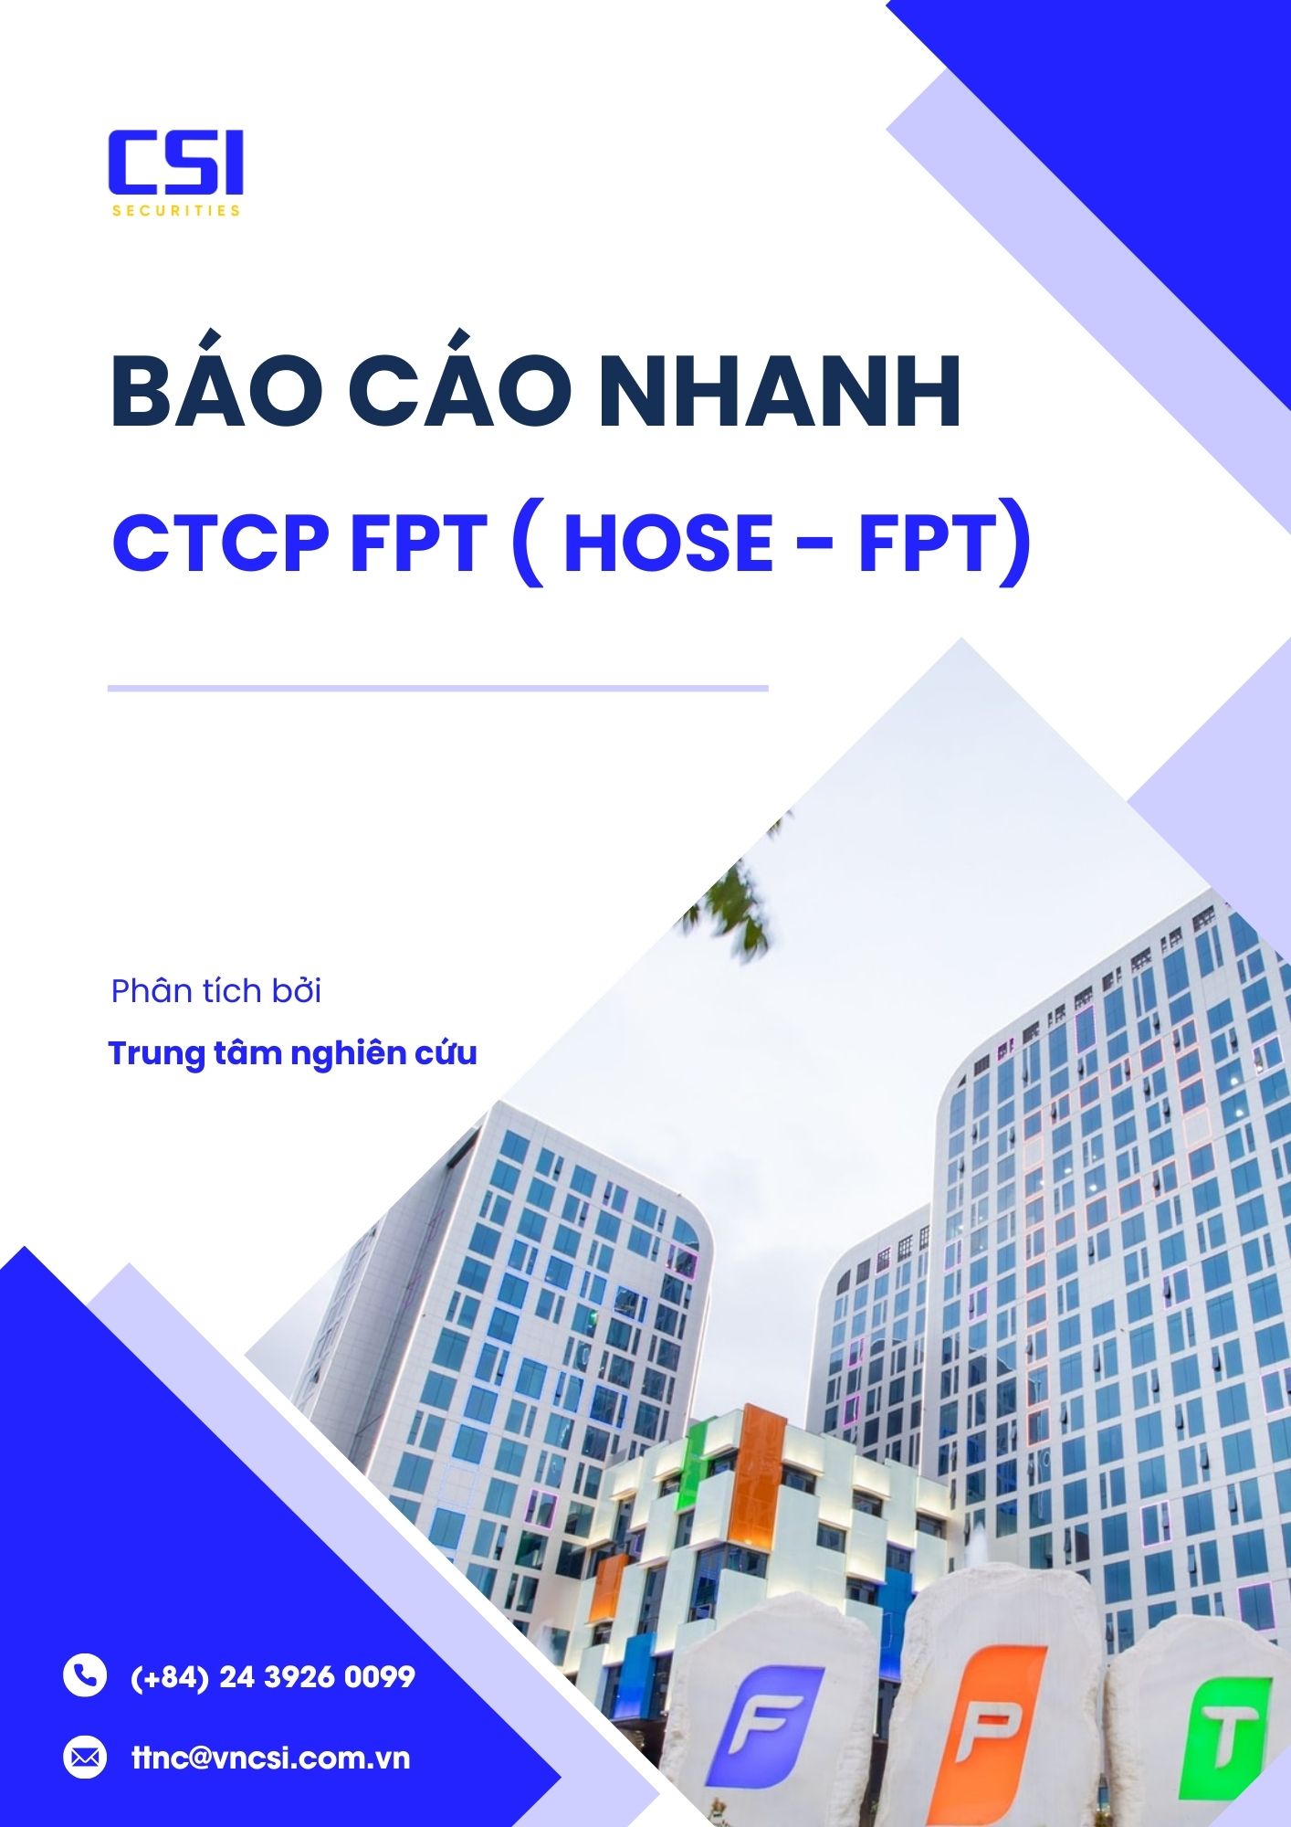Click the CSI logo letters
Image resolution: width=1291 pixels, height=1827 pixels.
[x=175, y=163]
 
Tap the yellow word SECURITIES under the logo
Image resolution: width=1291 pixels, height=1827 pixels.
[x=176, y=210]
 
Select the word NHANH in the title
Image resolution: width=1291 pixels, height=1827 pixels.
[x=780, y=394]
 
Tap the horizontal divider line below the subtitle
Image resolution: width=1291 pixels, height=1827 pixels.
[x=438, y=688]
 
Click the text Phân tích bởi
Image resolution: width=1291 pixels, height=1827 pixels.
[x=216, y=991]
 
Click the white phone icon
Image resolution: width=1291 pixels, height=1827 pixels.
[x=85, y=1675]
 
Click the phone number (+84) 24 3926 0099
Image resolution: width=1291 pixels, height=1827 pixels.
[x=273, y=1676]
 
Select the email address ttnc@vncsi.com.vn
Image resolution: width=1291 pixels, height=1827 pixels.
[x=271, y=1758]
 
